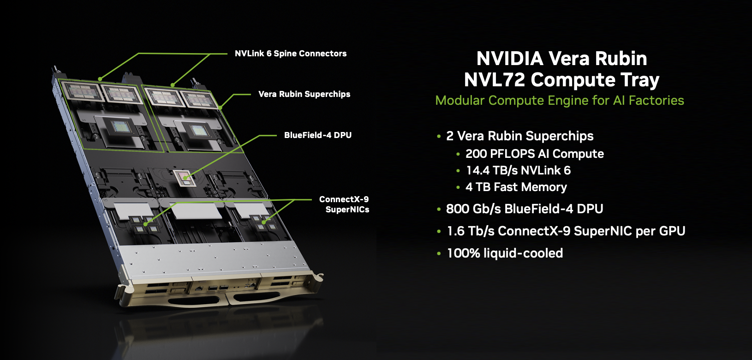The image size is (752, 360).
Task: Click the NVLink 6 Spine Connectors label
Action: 290,54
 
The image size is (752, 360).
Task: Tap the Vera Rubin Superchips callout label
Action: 304,94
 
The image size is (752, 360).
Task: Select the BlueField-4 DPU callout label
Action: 317,135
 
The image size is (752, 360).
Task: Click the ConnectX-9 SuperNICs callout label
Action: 344,204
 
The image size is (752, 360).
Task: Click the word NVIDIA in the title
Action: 509,59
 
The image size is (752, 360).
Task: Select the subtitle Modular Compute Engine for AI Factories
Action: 559,101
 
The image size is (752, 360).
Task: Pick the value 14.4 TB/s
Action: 492,171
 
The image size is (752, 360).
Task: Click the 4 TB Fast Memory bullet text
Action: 516,187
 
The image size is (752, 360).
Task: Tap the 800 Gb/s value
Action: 473,209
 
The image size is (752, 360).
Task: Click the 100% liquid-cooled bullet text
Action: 505,253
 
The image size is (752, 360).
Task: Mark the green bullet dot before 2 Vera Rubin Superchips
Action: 439,137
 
